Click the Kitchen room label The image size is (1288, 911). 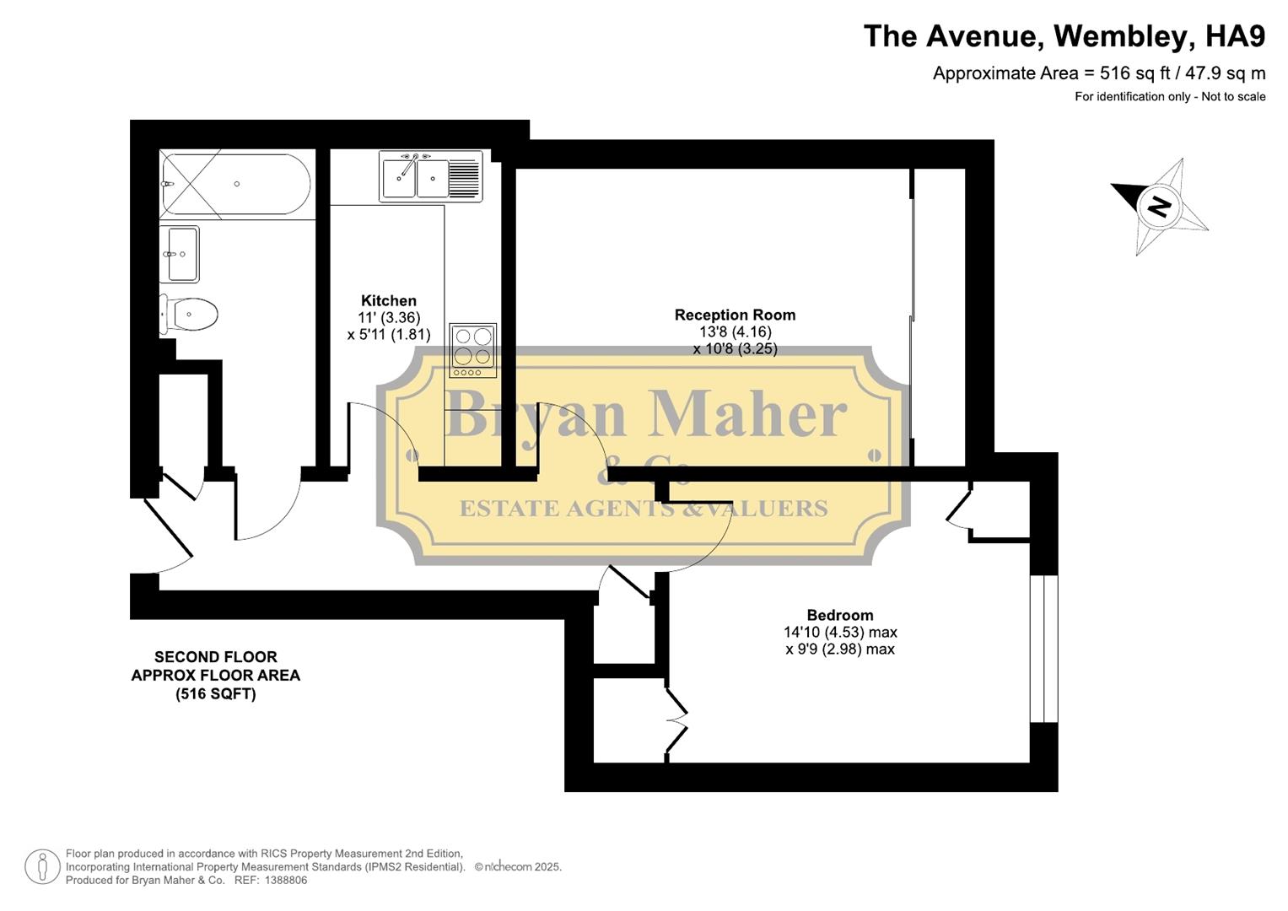pyautogui.click(x=389, y=301)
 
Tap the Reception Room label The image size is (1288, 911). pyautogui.click(x=735, y=315)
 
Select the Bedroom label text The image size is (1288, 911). pyautogui.click(x=840, y=616)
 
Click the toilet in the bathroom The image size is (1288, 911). pyautogui.click(x=191, y=315)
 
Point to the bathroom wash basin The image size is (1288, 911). pyautogui.click(x=181, y=254)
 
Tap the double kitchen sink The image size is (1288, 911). pyautogui.click(x=416, y=177)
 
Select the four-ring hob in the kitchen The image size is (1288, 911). pyautogui.click(x=472, y=349)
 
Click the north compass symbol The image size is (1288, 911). pyautogui.click(x=1160, y=206)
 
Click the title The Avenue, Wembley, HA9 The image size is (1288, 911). pyautogui.click(x=1064, y=36)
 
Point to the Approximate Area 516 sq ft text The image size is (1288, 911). pyautogui.click(x=1098, y=73)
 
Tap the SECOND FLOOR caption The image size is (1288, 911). pyautogui.click(x=216, y=657)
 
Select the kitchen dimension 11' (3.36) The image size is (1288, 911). pyautogui.click(x=389, y=318)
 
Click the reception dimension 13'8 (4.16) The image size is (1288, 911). pyautogui.click(x=735, y=332)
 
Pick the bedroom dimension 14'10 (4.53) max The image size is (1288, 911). pyautogui.click(x=840, y=633)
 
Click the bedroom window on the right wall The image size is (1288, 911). pyautogui.click(x=1044, y=649)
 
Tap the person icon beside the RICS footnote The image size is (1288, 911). pyautogui.click(x=42, y=867)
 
